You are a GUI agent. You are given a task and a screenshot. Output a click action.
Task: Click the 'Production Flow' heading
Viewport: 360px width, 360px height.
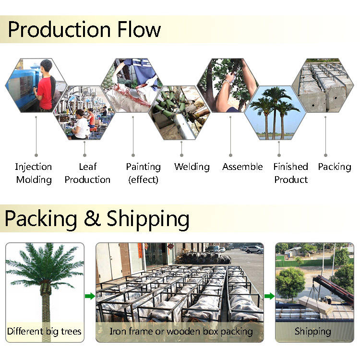(x=84, y=30)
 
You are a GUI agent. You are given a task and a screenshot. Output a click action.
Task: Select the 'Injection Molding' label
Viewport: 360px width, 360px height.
(x=34, y=173)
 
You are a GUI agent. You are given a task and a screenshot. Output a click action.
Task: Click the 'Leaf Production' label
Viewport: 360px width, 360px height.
(x=87, y=173)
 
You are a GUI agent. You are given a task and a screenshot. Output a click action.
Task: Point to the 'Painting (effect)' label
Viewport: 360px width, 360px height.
(x=143, y=173)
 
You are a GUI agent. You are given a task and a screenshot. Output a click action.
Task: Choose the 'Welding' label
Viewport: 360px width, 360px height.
(x=192, y=167)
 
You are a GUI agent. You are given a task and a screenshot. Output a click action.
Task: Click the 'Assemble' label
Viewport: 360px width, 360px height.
(x=242, y=167)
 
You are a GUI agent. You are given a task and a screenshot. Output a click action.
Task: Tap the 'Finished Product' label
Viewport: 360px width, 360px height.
(x=290, y=173)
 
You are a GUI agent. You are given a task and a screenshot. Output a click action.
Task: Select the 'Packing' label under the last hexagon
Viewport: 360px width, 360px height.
(x=335, y=167)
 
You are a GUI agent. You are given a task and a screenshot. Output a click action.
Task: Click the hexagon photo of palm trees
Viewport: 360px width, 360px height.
(x=276, y=113)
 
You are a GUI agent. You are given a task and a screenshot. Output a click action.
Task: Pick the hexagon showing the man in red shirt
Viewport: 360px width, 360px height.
(x=36, y=85)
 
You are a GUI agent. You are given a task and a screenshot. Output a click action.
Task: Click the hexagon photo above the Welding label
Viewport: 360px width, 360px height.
(x=181, y=113)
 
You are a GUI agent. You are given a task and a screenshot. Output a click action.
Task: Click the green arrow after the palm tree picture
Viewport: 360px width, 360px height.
(x=90, y=296)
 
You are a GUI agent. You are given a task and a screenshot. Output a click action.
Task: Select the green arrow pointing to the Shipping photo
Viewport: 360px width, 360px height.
(x=269, y=296)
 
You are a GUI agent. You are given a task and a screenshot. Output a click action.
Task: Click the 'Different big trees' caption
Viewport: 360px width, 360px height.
(x=45, y=331)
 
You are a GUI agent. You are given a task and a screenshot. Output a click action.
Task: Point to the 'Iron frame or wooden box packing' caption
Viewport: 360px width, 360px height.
(x=181, y=331)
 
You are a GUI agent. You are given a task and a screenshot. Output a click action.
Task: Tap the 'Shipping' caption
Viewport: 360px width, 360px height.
(x=313, y=331)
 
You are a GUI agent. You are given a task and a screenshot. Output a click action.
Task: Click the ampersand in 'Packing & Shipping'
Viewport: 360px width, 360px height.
(x=92, y=219)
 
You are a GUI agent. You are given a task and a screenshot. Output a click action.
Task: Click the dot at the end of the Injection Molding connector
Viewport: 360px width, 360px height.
(x=36, y=155)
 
